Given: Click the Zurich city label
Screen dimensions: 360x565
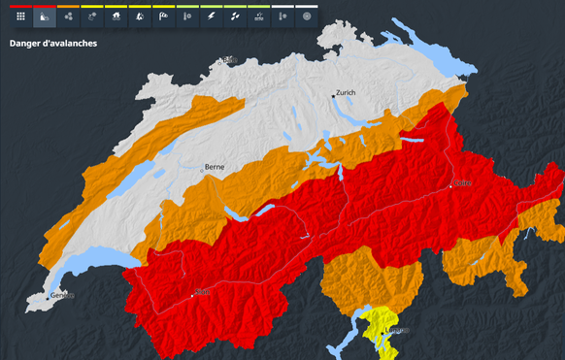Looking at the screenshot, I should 346,93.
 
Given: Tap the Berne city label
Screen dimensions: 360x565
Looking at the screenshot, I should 215,167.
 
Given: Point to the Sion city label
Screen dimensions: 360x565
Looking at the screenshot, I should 203,291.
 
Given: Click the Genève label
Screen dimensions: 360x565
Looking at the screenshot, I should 62,295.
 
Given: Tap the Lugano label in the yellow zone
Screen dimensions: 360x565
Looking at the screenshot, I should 398,331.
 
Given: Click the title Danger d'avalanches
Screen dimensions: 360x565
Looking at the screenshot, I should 52,44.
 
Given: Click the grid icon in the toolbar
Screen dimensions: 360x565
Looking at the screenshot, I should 20,16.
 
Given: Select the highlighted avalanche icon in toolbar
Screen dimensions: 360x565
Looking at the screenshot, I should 45,16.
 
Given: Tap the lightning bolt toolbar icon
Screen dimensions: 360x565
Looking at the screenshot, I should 211,16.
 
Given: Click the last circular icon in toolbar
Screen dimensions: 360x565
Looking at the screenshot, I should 306,16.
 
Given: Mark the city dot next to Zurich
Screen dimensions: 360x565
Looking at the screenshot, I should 332,96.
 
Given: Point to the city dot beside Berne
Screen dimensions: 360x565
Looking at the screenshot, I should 202,170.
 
